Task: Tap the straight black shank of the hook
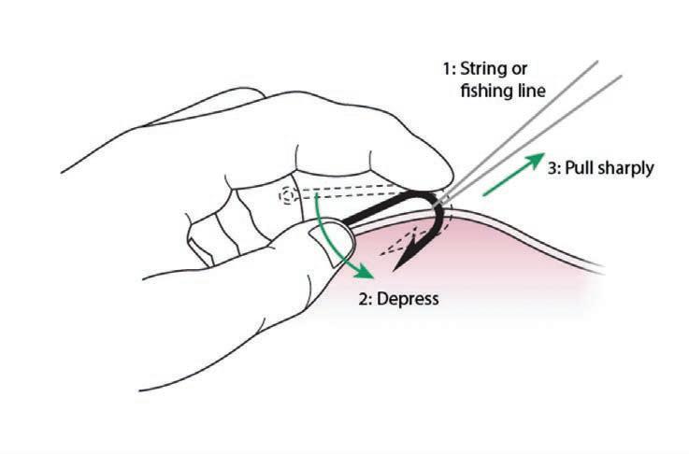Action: point(383,210)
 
